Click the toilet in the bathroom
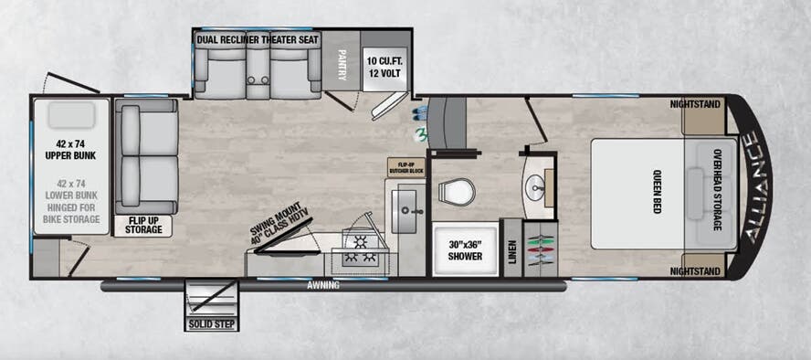point(456,192)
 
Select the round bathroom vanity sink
point(537,189)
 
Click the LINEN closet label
point(511,249)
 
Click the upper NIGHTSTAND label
point(695,104)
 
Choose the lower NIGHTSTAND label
point(695,271)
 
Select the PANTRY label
point(342,65)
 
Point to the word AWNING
point(323,286)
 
